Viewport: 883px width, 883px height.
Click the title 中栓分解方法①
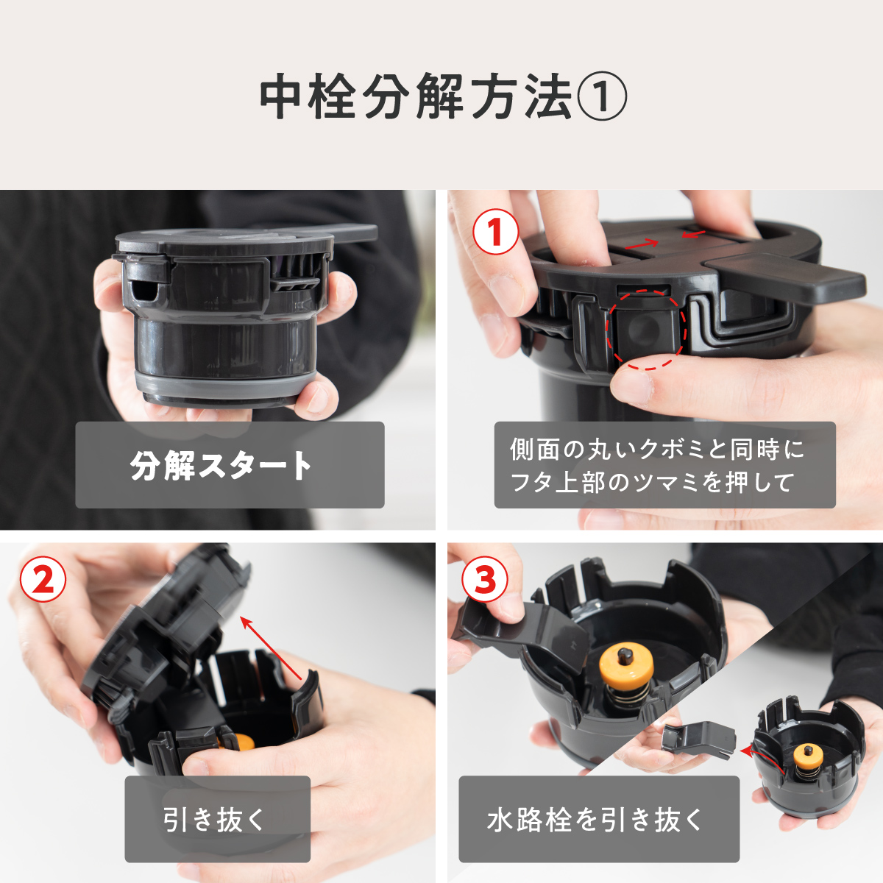point(442,97)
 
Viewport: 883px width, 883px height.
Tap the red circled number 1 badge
point(495,232)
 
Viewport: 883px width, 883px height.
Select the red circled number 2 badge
point(43,579)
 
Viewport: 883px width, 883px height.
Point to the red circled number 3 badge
point(484,579)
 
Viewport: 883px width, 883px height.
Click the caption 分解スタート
point(230,465)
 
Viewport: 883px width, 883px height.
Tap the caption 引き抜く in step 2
point(217,819)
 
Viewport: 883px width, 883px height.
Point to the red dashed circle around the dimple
point(645,328)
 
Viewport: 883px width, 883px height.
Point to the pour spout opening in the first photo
point(140,291)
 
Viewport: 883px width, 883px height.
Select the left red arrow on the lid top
point(642,244)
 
